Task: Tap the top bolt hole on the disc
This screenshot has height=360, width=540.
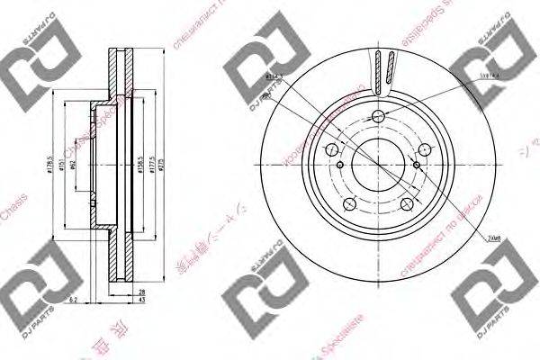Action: click(379, 114)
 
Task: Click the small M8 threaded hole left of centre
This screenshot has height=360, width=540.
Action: click(340, 165)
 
